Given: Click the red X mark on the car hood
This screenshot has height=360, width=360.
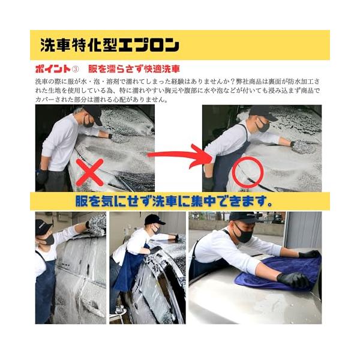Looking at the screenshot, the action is pyautogui.click(x=90, y=172).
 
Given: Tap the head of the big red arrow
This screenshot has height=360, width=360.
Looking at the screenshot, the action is pyautogui.click(x=202, y=157).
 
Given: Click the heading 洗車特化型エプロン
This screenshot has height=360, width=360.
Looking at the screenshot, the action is pyautogui.click(x=110, y=45).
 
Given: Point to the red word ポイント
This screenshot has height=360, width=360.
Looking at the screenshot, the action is pyautogui.click(x=53, y=69).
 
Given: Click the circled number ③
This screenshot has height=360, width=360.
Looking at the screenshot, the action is pyautogui.click(x=76, y=69).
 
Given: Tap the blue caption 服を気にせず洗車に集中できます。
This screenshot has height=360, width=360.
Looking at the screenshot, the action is pyautogui.click(x=174, y=201).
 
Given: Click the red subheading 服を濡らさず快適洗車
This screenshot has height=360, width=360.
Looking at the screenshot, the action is pyautogui.click(x=134, y=69).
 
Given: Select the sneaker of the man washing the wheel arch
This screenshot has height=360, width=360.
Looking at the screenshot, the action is pyautogui.click(x=118, y=311).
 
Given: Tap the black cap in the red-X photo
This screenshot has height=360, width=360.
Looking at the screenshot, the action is pyautogui.click(x=93, y=114).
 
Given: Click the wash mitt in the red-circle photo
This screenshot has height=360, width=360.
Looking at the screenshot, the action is pyautogui.click(x=303, y=146).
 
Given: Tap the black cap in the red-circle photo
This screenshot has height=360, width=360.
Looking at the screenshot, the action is pyautogui.click(x=262, y=113).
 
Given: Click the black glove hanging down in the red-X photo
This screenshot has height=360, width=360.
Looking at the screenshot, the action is pyautogui.click(x=42, y=178).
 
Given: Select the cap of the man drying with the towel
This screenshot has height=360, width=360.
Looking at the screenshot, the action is pyautogui.click(x=244, y=217).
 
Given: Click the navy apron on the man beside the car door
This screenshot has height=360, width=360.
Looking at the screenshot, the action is pyautogui.click(x=44, y=287).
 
